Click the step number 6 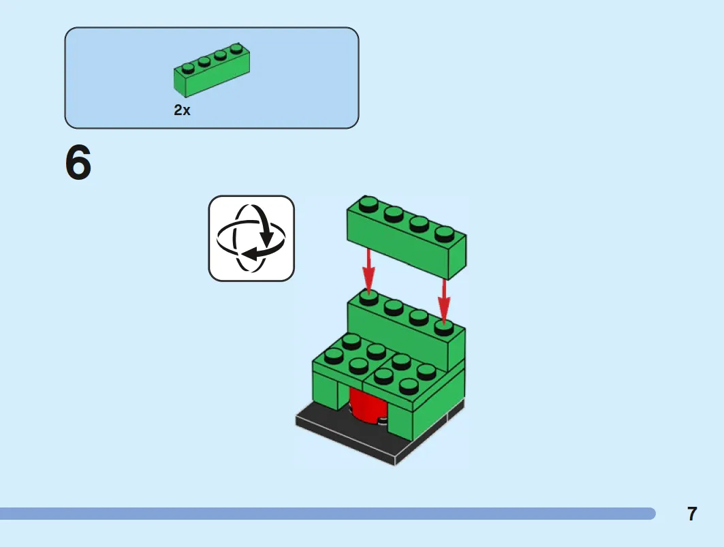(x=78, y=162)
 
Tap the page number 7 (x=692, y=514)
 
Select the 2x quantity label (x=182, y=110)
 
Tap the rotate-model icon (x=251, y=238)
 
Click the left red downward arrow (x=368, y=270)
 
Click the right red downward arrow (x=443, y=301)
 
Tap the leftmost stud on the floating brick (x=368, y=204)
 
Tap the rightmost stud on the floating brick (x=444, y=234)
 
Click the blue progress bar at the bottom (x=328, y=513)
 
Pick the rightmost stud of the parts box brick (x=236, y=48)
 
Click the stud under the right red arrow (x=443, y=326)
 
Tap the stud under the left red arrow (x=368, y=297)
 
